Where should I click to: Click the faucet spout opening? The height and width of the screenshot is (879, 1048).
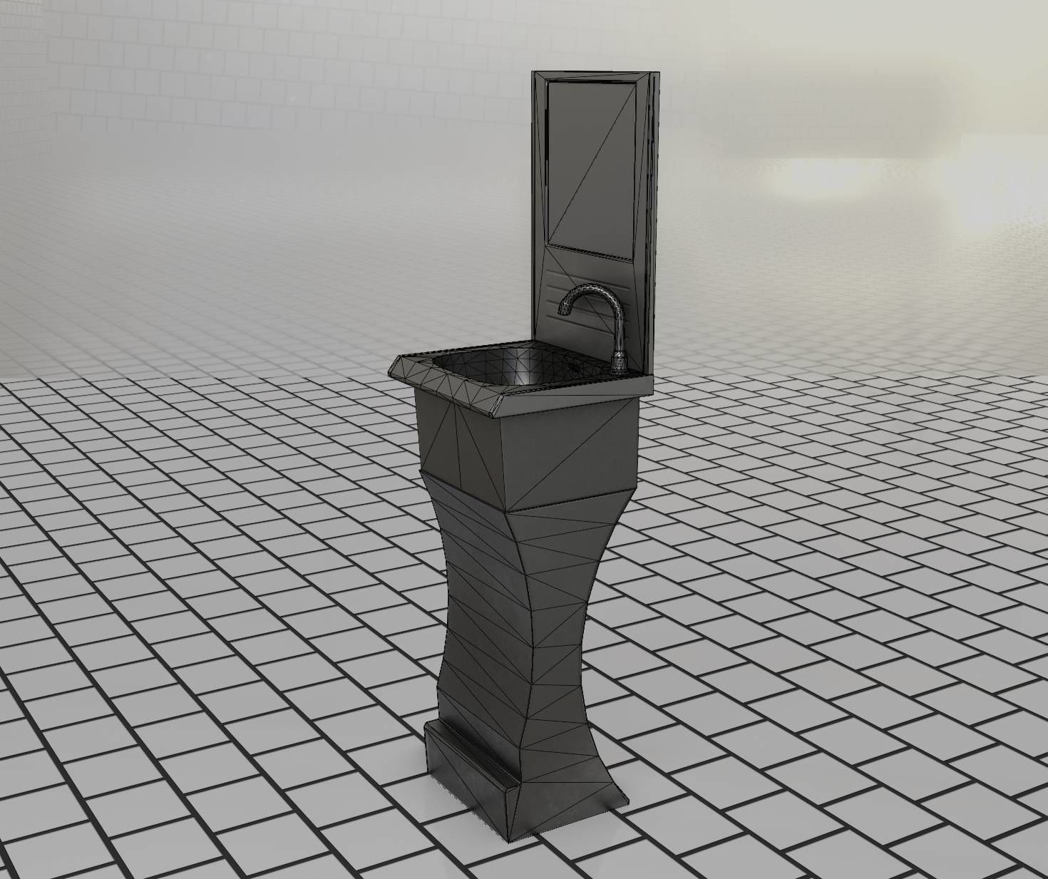[x=565, y=311]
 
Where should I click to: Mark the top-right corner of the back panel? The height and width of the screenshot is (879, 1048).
[x=652, y=72]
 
